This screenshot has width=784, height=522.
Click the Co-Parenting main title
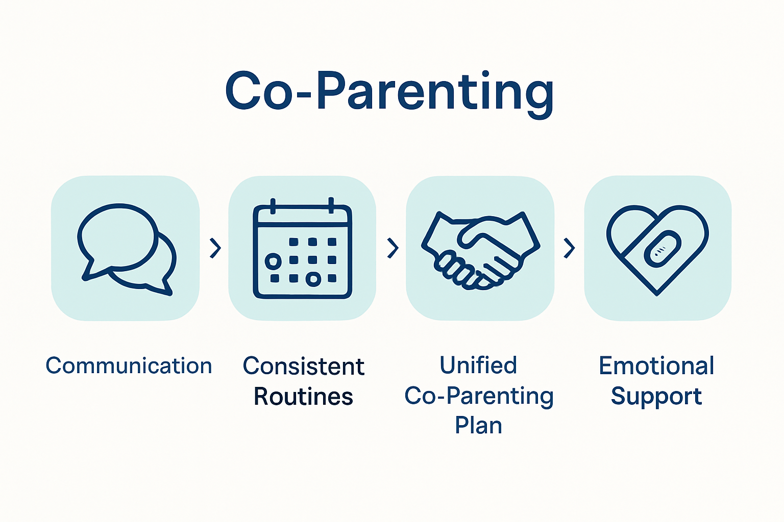[389, 92]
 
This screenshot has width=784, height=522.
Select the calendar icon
[302, 249]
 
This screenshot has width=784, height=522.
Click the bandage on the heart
[662, 249]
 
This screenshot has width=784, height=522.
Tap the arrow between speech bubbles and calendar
[215, 248]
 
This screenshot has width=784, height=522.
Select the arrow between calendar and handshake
[393, 248]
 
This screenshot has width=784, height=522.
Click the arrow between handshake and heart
[569, 248]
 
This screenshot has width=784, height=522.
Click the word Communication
[129, 366]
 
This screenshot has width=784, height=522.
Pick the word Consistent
[303, 367]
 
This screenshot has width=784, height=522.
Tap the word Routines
[303, 397]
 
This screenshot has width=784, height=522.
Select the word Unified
[478, 366]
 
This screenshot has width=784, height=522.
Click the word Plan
[478, 425]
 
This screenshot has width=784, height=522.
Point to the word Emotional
[656, 366]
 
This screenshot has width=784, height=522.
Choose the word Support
[656, 397]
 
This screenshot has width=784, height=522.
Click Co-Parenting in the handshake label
[478, 396]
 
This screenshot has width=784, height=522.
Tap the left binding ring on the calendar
[273, 206]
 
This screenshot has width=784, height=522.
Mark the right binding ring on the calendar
[331, 205]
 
